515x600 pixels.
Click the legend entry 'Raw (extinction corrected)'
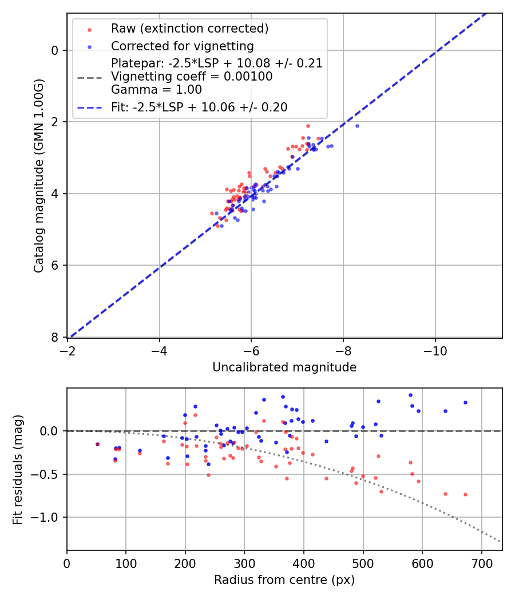tap(189, 29)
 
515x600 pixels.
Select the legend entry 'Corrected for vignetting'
tap(182, 46)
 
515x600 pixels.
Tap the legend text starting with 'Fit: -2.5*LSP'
tap(199, 107)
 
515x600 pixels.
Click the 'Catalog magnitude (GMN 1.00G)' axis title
tap(39, 175)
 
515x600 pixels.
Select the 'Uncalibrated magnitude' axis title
tap(284, 367)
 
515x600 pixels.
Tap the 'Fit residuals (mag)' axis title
tap(18, 469)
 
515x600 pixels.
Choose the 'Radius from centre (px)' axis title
tap(284, 580)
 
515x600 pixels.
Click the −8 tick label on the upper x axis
tap(343, 350)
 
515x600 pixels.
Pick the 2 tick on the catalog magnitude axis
tap(55, 122)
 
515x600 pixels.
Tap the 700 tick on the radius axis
tap(481, 562)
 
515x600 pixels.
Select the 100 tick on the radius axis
tap(126, 562)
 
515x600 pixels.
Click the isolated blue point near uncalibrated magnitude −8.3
tap(357, 126)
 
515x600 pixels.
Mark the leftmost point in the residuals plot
tap(97, 444)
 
